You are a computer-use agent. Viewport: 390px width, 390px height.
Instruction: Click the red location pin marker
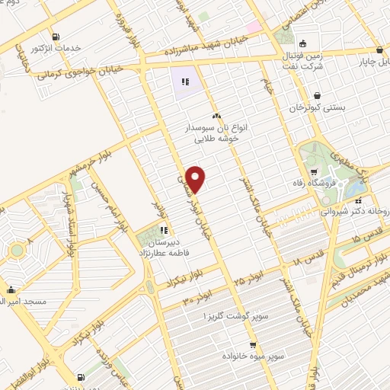point(197,178)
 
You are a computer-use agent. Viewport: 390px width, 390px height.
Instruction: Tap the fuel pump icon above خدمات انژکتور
point(56,37)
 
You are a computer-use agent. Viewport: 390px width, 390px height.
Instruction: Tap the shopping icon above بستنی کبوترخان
point(316,96)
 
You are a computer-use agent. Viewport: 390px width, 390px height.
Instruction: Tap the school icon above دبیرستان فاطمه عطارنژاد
point(164,231)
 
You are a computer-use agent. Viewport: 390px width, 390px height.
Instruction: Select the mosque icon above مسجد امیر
point(11,289)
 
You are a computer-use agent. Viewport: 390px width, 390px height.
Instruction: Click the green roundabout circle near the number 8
point(16,250)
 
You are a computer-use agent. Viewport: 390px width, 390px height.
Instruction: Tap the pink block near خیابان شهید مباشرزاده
point(254,28)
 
